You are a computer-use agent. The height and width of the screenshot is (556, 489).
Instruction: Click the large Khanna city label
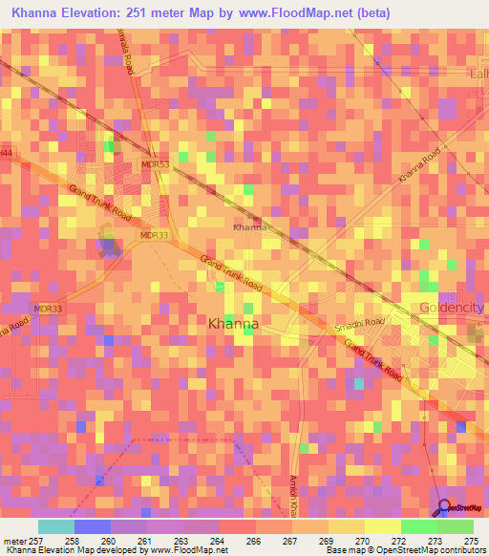click(233, 324)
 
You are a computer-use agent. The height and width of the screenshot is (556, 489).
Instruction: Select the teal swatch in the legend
click(56, 527)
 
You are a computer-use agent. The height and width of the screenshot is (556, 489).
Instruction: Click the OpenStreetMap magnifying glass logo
click(442, 508)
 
